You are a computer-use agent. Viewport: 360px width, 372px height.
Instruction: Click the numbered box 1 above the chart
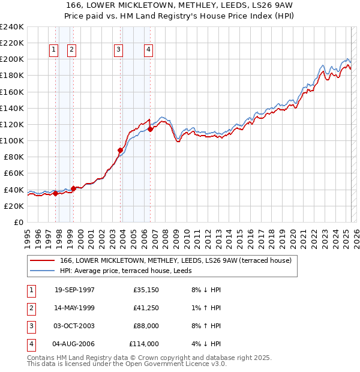coord(54,50)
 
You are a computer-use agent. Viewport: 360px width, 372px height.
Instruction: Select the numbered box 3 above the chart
coord(119,50)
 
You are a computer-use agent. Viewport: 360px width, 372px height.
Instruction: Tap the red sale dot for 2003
coord(120,150)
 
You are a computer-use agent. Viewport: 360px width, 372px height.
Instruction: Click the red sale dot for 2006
coord(150,129)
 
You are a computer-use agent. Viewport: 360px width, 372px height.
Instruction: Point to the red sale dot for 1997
coord(56,193)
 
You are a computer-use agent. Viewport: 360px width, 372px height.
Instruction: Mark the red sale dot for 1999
coord(73,188)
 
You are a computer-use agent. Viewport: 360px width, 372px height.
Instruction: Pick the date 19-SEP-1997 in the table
coord(74,290)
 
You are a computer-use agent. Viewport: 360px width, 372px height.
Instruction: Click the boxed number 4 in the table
coord(30,344)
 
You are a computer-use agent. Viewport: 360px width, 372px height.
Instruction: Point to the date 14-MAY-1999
coord(74,308)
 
